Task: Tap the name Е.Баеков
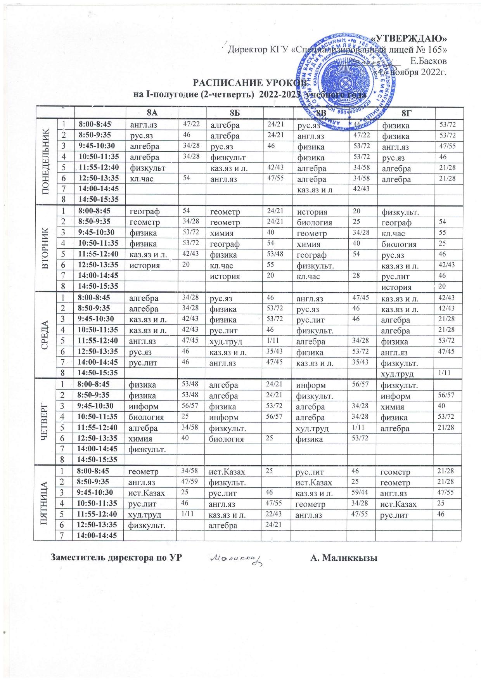(428, 61)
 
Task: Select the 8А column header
(152, 113)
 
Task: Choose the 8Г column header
(405, 113)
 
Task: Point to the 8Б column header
(235, 113)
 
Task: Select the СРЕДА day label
(46, 334)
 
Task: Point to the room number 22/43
(273, 514)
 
